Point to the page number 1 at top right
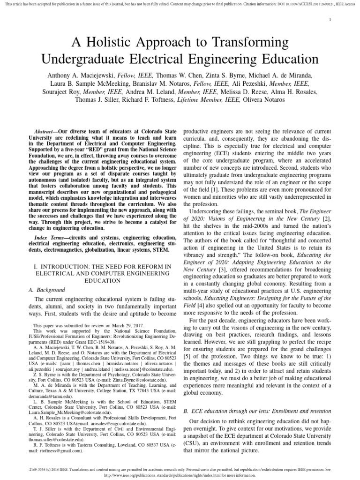click(331, 19)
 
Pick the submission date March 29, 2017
click(117, 325)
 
